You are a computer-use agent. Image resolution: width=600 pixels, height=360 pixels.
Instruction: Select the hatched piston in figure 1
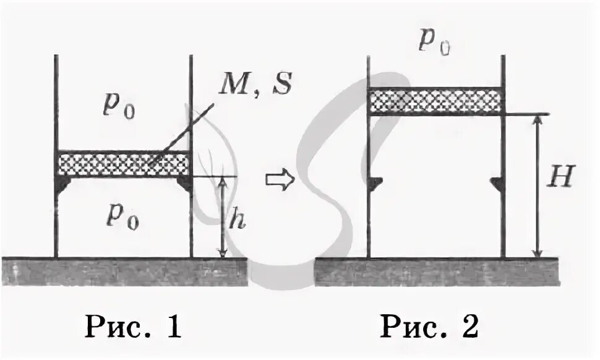123,164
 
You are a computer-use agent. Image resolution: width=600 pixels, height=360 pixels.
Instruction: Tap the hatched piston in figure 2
436,101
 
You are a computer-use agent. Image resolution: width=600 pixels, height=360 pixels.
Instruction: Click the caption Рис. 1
133,327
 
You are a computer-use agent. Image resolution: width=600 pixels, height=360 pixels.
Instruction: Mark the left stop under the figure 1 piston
64,184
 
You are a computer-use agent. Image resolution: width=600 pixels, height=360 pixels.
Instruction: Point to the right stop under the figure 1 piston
183,184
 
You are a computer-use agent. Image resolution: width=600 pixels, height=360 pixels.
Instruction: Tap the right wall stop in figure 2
497,182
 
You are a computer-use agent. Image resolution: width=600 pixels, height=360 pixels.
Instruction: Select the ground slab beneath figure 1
124,271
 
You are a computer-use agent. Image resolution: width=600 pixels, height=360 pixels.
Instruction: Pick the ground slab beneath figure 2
437,271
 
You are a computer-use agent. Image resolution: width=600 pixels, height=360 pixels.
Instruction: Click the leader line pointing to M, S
183,134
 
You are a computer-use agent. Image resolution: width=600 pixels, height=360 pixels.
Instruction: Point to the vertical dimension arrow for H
538,186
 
